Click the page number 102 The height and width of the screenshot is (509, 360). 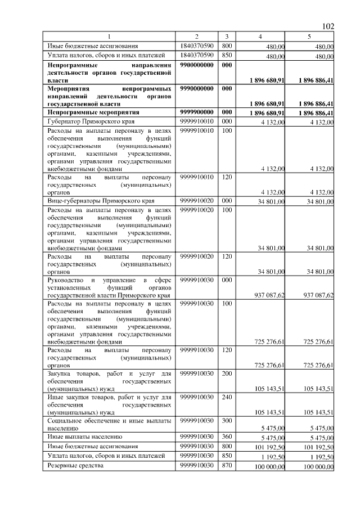(328, 26)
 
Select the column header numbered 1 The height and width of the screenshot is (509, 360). (110, 37)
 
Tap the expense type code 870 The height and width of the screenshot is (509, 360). (226, 466)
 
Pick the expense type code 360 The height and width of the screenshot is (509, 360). (226, 436)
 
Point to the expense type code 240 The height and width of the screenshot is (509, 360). (226, 397)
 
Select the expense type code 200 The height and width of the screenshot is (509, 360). (226, 373)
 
